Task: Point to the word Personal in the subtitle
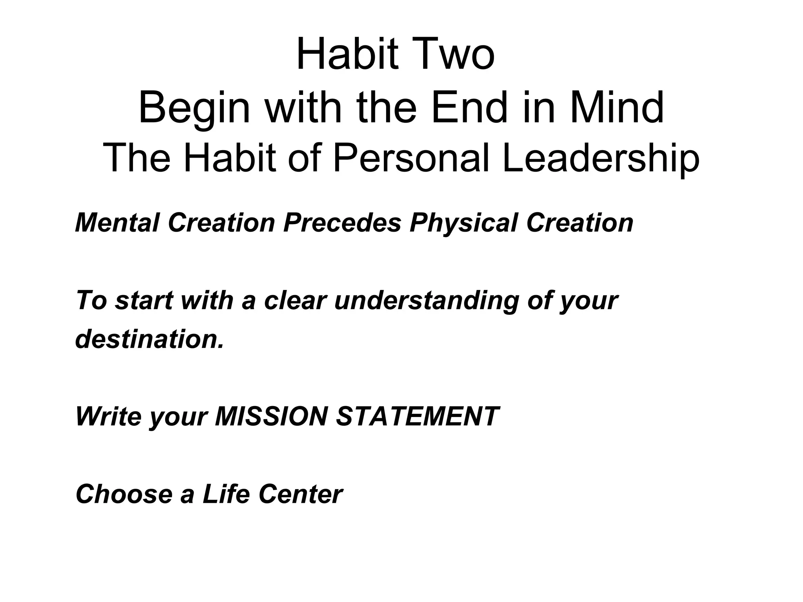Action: [x=411, y=158]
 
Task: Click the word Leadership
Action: [x=601, y=158]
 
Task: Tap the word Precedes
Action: [x=342, y=223]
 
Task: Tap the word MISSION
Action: [x=271, y=416]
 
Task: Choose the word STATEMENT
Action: [x=418, y=416]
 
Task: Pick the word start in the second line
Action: [x=144, y=301]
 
